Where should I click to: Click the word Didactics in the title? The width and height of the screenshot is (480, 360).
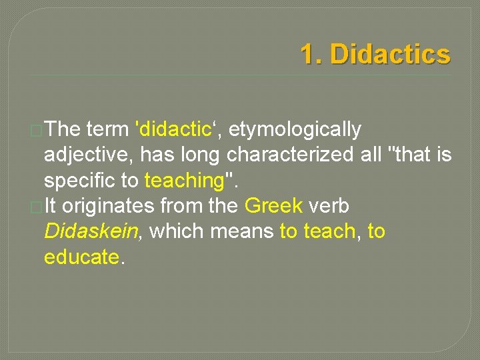pyautogui.click(x=390, y=55)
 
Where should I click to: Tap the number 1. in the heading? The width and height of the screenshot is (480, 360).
pyautogui.click(x=311, y=55)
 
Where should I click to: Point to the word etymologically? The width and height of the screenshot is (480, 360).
pyautogui.click(x=296, y=129)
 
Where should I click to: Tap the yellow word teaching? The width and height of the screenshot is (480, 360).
pyautogui.click(x=184, y=181)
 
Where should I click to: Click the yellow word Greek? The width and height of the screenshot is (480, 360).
pyautogui.click(x=274, y=206)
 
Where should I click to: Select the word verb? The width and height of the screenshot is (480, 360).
pyautogui.click(x=329, y=206)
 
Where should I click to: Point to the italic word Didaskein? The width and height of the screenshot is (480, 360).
pyautogui.click(x=91, y=231)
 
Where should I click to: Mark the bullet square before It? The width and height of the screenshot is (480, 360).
pyautogui.click(x=37, y=207)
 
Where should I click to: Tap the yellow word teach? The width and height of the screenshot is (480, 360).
pyautogui.click(x=329, y=231)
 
